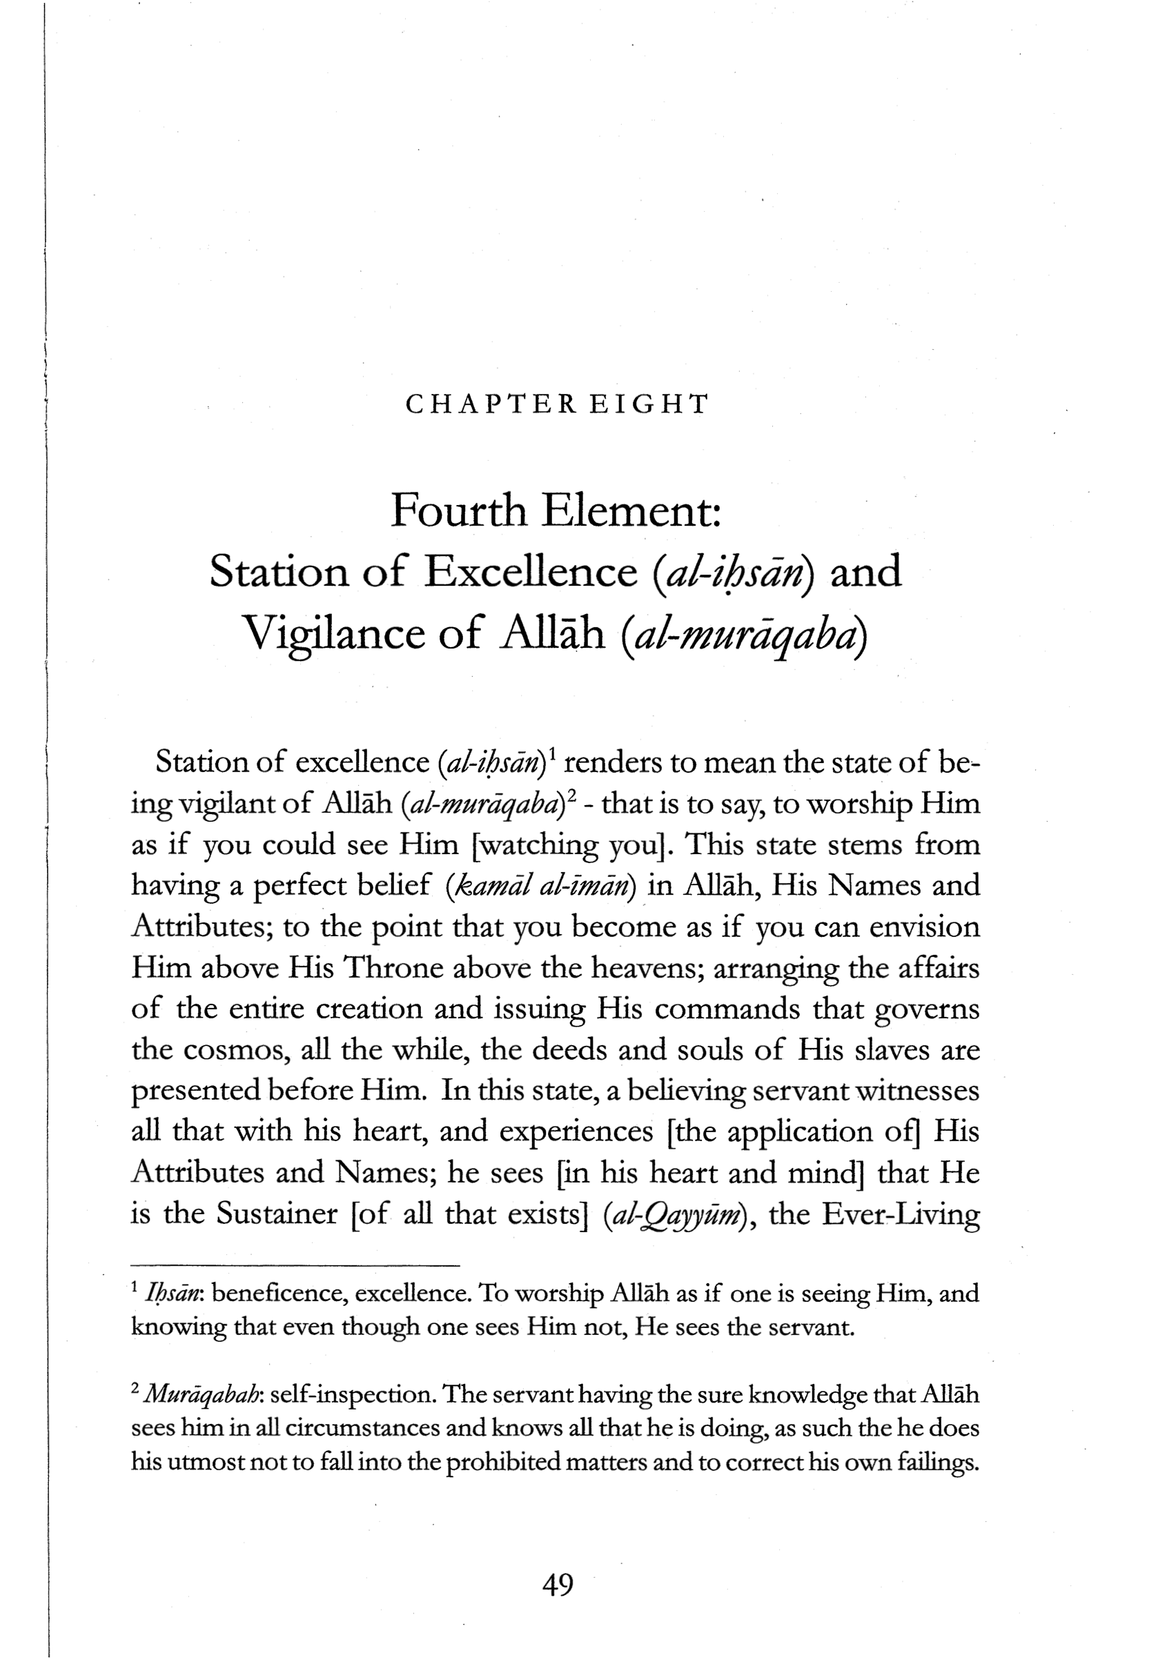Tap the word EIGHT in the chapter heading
(x=648, y=404)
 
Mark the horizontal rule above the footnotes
(x=295, y=1266)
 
